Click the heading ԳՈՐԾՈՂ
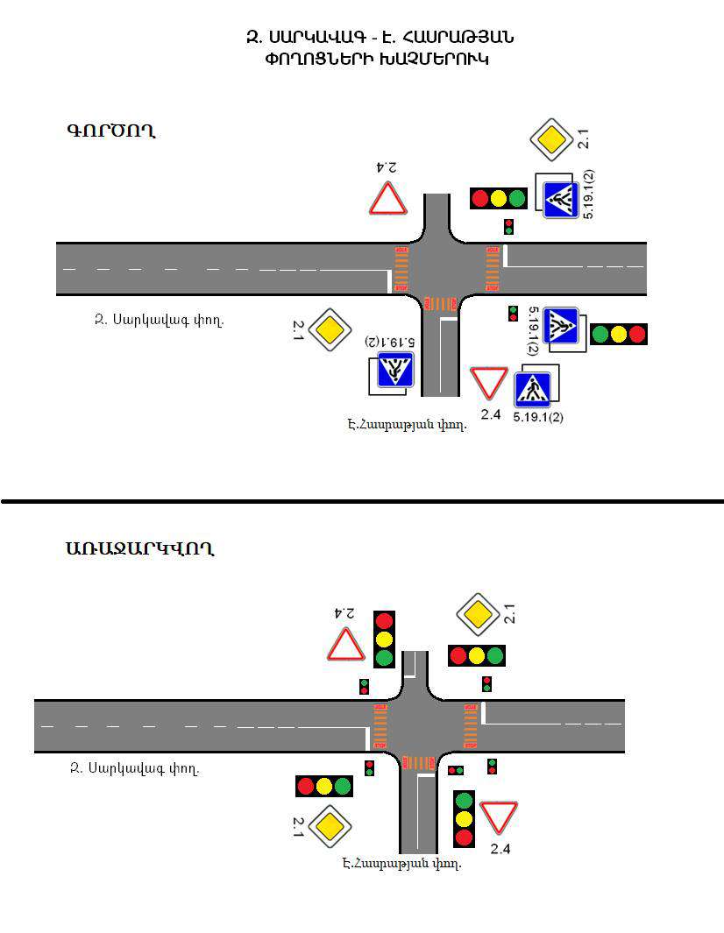pos(110,131)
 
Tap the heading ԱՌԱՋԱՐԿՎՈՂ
pos(139,549)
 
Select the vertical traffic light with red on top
pos(384,639)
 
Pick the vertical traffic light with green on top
pos(464,818)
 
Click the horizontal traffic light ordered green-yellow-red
pos(619,334)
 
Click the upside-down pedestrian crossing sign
pos(394,371)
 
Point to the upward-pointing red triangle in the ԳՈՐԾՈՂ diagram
pos(387,200)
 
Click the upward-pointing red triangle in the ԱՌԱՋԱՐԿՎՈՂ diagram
pos(346,646)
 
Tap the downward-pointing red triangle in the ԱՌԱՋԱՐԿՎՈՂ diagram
pos(499,817)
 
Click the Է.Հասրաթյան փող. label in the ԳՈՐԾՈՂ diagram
pos(407,425)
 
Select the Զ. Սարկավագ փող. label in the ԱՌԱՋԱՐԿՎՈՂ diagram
pos(134,770)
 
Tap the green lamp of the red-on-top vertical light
pos(384,657)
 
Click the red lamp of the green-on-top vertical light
pos(464,837)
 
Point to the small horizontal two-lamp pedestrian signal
pos(456,770)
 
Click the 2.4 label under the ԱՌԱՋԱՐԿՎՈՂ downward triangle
pos(500,848)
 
